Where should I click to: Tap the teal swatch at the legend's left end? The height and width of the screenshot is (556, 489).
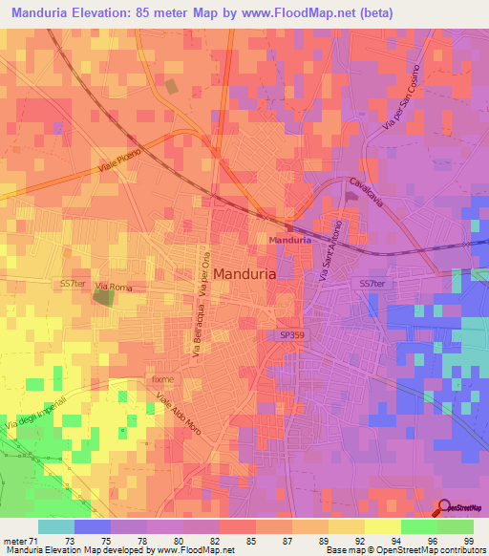(56, 526)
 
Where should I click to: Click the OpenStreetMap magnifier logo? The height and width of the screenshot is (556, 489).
(445, 508)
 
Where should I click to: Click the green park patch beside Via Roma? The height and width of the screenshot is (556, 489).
(102, 297)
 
